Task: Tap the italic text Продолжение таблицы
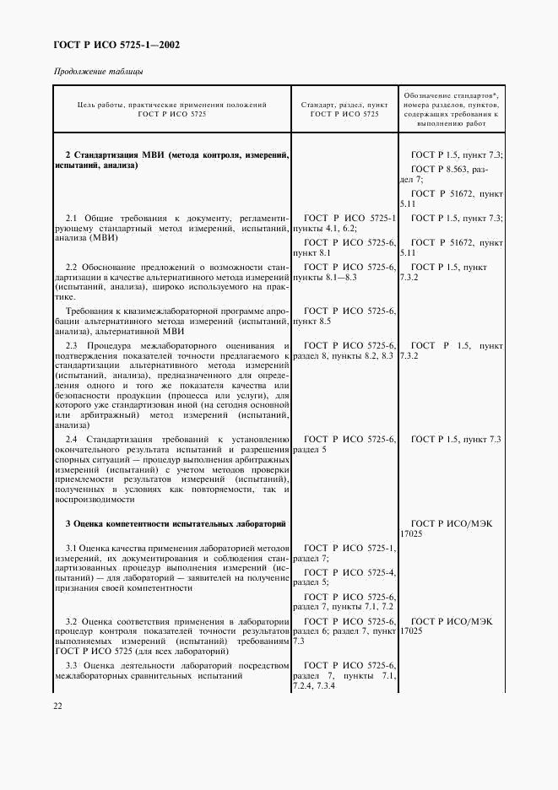(x=99, y=71)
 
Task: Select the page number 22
(x=58, y=705)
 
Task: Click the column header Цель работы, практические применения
(x=171, y=106)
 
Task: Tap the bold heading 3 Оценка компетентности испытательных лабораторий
(x=176, y=523)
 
